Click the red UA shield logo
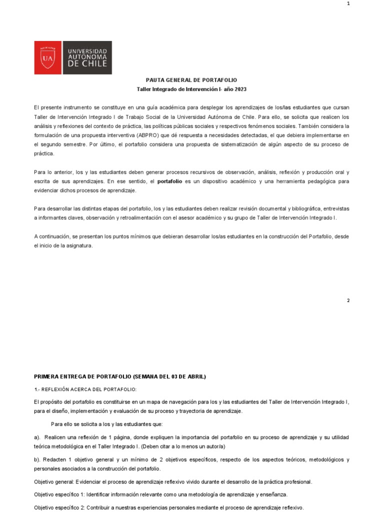[48, 58]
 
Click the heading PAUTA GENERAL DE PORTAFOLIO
[191, 80]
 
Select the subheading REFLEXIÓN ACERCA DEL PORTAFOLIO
[90, 389]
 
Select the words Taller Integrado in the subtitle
[156, 89]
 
